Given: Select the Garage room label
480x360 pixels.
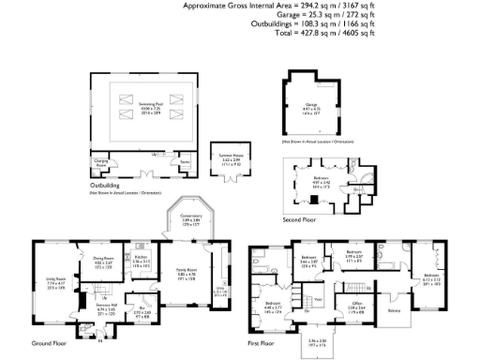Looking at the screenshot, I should pyautogui.click(x=312, y=105).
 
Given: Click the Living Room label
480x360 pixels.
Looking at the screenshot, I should pyautogui.click(x=54, y=279).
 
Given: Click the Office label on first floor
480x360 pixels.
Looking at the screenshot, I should pyautogui.click(x=357, y=303).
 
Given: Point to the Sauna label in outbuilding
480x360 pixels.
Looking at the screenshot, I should pyautogui.click(x=185, y=161).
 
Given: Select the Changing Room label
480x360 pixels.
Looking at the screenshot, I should pyautogui.click(x=101, y=161).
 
